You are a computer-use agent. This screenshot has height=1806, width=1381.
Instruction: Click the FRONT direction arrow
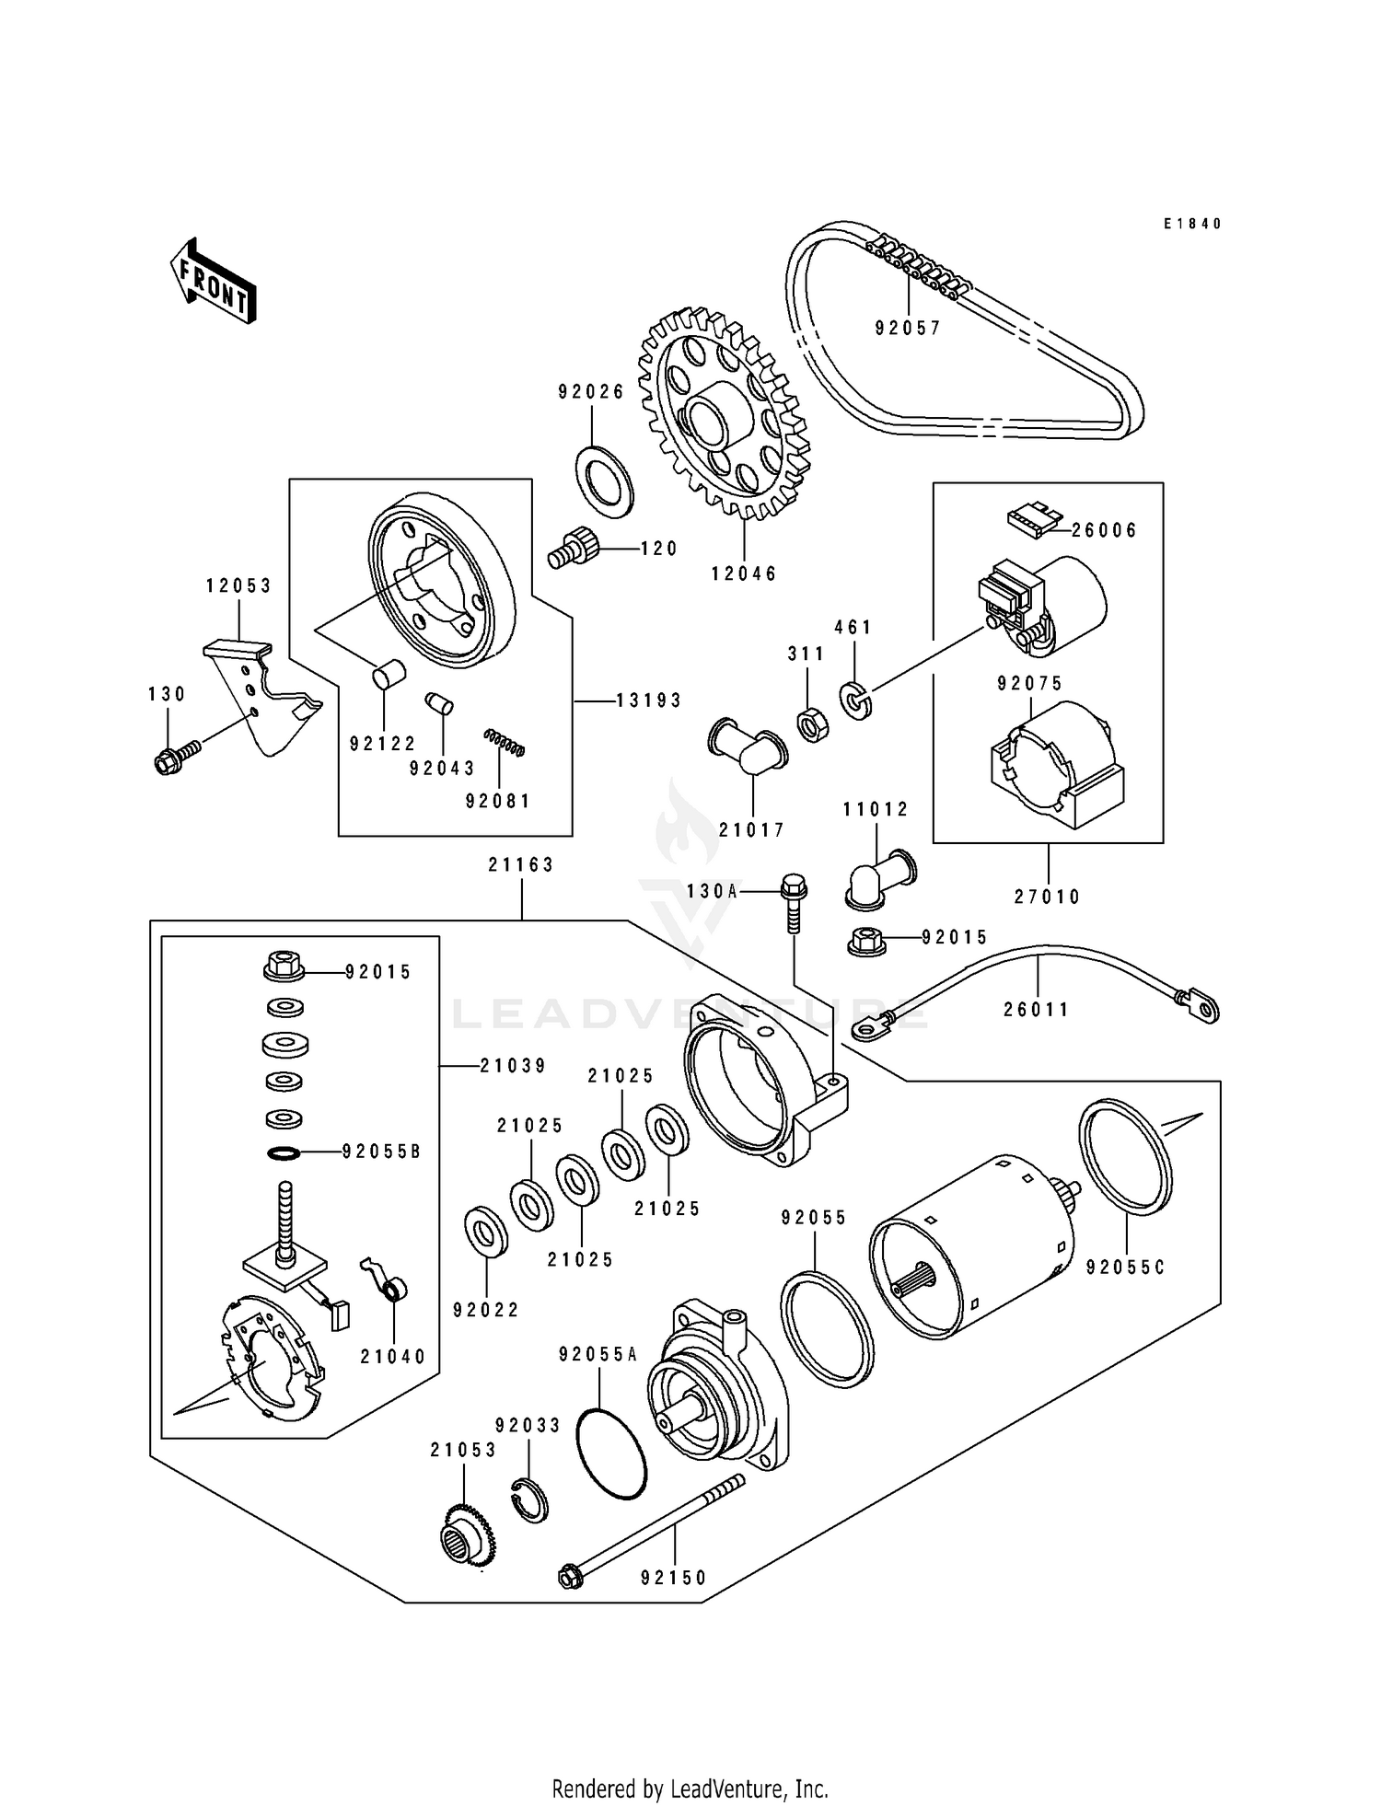tap(213, 280)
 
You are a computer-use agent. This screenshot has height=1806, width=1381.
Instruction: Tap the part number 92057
tap(908, 329)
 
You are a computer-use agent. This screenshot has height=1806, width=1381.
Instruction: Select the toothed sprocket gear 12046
tap(724, 415)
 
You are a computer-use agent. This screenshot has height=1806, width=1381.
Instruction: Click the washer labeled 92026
tap(604, 479)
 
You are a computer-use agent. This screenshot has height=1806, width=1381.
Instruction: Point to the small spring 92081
tap(505, 742)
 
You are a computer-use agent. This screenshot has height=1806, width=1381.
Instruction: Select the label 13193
tap(649, 700)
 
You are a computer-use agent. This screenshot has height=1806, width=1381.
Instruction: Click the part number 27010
tap(1048, 897)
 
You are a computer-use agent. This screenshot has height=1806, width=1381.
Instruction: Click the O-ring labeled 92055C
tap(1124, 1157)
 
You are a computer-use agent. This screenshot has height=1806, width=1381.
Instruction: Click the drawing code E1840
tap(1191, 224)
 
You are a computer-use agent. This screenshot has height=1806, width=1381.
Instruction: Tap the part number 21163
tap(521, 865)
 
